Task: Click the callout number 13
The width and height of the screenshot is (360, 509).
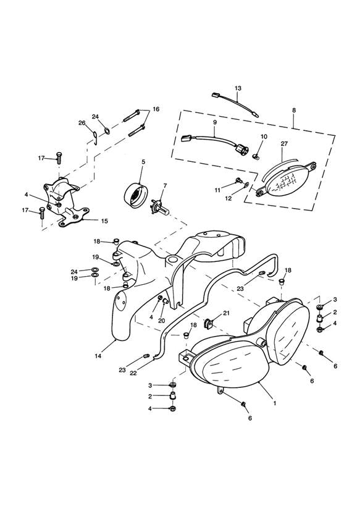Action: point(238,88)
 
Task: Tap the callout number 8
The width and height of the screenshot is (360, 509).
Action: point(294,111)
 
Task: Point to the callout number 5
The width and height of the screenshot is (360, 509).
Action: point(143,162)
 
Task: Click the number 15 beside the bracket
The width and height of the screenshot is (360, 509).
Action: point(104,221)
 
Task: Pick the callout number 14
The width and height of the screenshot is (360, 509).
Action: point(98,356)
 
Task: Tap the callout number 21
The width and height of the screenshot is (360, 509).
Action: point(226,313)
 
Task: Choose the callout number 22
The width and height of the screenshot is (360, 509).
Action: point(133,373)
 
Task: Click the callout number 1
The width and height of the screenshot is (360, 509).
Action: point(275,403)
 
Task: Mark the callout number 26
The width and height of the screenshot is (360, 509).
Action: point(82,123)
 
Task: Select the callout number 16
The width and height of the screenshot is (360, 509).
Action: point(156,109)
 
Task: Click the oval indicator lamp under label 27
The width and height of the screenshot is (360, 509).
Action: point(287,180)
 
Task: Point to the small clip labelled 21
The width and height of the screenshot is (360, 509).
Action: point(209,324)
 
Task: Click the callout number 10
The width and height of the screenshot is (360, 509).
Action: point(264,137)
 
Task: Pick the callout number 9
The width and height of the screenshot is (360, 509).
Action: point(214,123)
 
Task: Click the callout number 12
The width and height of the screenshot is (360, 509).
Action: point(228,198)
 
